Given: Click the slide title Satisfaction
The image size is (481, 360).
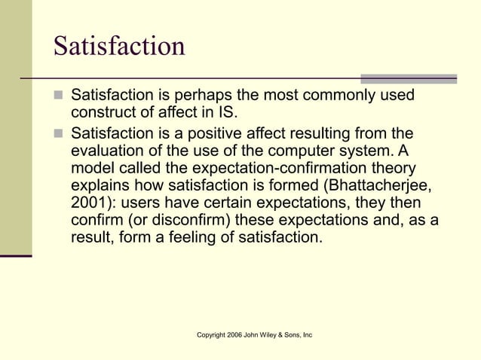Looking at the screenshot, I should click(x=119, y=47).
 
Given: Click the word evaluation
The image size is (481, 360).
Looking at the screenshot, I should click(x=110, y=151).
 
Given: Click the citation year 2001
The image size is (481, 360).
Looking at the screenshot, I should click(x=90, y=203).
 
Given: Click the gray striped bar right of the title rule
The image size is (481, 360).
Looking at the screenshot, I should click(x=409, y=78).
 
